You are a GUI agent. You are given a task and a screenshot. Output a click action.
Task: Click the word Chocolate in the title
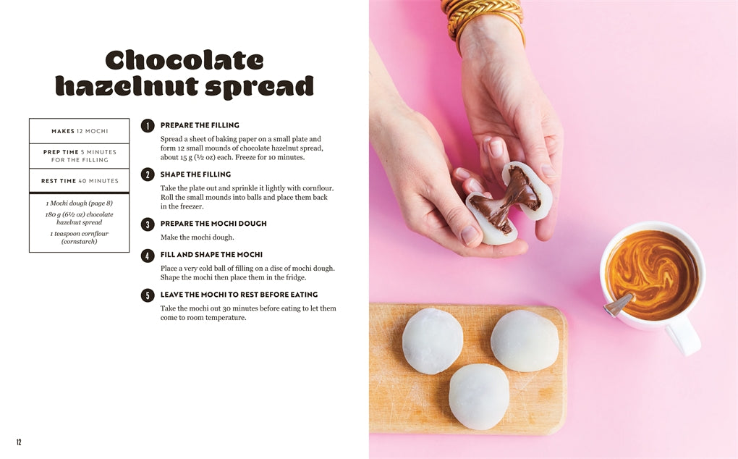184,60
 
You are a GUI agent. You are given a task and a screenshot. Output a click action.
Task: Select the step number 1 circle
148,125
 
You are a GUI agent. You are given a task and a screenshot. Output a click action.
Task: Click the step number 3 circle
148,224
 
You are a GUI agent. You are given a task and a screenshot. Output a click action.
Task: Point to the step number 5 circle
148,295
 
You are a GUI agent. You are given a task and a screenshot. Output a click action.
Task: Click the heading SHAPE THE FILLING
195,174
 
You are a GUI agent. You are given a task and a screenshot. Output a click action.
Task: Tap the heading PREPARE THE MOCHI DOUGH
213,224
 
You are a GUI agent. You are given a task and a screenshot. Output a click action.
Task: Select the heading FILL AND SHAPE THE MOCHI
211,255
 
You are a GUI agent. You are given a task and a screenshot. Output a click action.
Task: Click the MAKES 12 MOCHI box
80,131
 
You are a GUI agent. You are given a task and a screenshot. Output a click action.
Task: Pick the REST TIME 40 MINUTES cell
80,181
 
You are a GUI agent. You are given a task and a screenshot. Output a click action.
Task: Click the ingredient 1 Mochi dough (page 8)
80,203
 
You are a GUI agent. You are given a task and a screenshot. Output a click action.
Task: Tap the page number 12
19,442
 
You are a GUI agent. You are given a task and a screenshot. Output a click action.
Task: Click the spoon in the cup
617,305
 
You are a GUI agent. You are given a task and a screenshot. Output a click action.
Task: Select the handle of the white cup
684,334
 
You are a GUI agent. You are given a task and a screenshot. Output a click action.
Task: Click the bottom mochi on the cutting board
478,396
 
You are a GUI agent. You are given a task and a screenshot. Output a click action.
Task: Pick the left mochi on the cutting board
433,340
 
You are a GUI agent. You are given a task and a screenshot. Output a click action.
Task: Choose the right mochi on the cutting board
525,340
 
